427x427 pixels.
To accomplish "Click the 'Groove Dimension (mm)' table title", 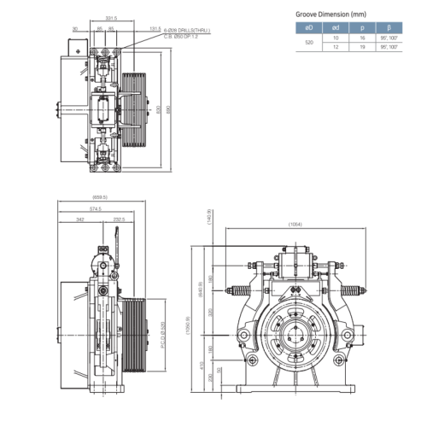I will coord(331,15).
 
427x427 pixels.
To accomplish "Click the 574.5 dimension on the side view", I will coord(94,210).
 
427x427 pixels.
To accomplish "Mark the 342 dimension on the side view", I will coord(79,220).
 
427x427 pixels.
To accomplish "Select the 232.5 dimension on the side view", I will coord(119,220).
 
